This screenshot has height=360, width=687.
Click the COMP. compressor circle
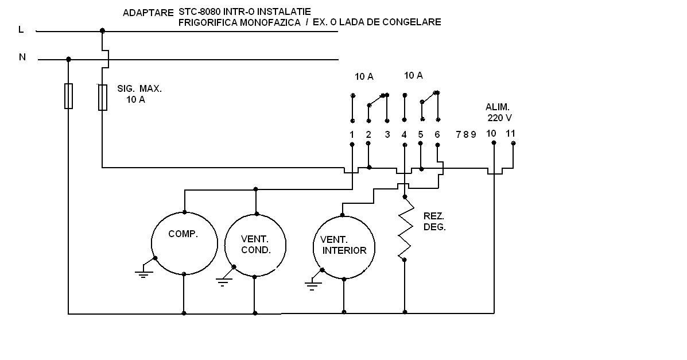[x=184, y=242]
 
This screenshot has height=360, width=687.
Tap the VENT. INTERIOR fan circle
[x=344, y=246]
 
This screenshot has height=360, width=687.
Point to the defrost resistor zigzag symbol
[x=405, y=228]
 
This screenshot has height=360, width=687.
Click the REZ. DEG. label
[x=434, y=221]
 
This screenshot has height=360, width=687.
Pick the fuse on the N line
[x=68, y=95]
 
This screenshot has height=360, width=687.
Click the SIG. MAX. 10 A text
[x=139, y=94]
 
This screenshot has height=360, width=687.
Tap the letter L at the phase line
[x=21, y=29]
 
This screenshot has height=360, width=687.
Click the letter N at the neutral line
[x=22, y=57]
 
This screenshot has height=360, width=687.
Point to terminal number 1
[x=351, y=134]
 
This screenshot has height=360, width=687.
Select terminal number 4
[x=404, y=134]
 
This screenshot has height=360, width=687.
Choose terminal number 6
[x=437, y=134]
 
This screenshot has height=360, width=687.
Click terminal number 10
[x=491, y=133]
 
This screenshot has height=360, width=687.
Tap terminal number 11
[x=511, y=133]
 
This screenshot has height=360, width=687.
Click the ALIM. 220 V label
[x=498, y=112]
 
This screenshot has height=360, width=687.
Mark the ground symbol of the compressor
[x=143, y=272]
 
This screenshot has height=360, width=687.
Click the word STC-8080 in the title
[x=199, y=11]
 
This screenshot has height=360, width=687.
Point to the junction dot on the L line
[x=102, y=30]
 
